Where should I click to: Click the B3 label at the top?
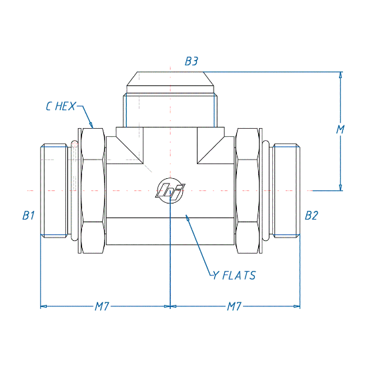(192, 61)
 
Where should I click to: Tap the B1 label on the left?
(29, 216)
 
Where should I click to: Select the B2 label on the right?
(312, 216)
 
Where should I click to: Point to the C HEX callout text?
(61, 106)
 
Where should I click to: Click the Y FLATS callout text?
(234, 275)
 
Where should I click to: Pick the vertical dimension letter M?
(340, 129)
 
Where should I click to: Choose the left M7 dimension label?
(102, 306)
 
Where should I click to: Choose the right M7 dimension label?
(234, 306)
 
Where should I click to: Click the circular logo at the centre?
(170, 190)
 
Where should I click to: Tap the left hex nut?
(93, 191)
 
